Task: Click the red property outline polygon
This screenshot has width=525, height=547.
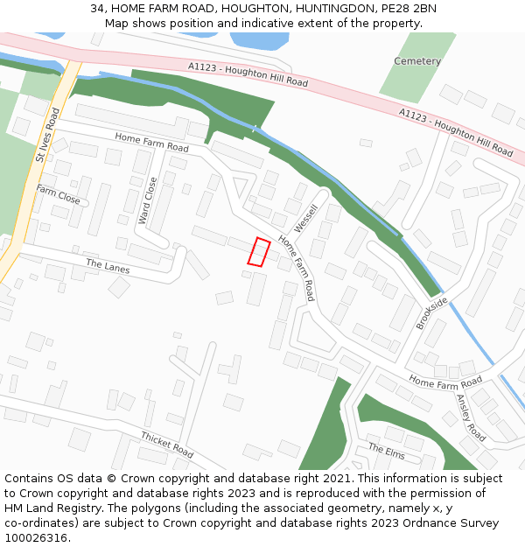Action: (x=258, y=251)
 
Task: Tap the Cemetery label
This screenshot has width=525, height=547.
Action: (x=417, y=61)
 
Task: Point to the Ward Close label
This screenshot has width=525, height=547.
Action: (x=147, y=200)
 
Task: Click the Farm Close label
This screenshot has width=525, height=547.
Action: (x=58, y=194)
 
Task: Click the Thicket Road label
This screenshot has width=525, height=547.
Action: (x=167, y=445)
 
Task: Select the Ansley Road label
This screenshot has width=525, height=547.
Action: (x=470, y=417)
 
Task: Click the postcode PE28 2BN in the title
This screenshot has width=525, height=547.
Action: (x=410, y=9)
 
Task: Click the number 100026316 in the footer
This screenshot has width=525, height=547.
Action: (x=36, y=537)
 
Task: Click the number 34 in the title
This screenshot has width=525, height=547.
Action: (x=97, y=9)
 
